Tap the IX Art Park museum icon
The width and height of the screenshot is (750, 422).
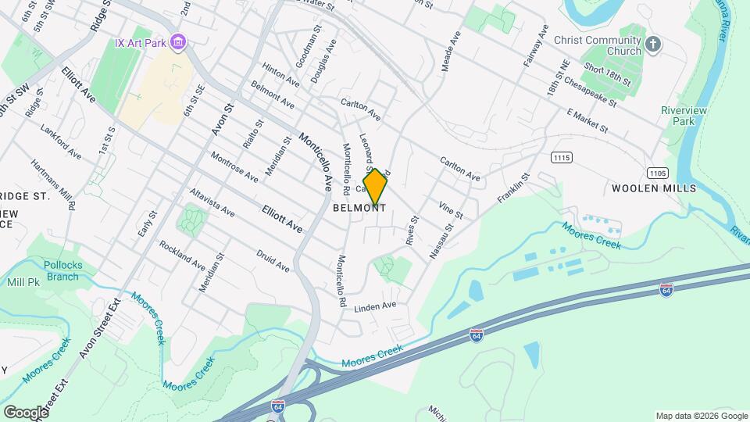coord(178,41)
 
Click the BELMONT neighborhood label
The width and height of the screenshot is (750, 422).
coord(359,208)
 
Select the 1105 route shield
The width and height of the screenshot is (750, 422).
coord(656,172)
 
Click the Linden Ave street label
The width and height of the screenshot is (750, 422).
coord(375,306)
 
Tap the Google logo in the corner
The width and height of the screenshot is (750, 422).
coord(26,412)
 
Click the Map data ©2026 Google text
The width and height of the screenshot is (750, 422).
coord(702,416)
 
